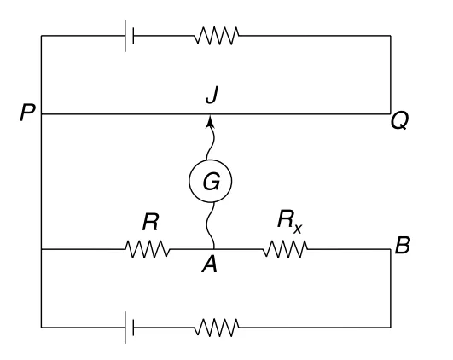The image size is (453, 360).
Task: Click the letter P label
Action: click(28, 113)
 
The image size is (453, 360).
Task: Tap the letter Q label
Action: click(399, 121)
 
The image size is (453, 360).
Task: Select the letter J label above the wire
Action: click(212, 95)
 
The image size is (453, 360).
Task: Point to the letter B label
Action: click(403, 246)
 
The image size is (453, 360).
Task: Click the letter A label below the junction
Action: click(210, 264)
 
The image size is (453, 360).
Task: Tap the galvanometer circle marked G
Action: click(211, 181)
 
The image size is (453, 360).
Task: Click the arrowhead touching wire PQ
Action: click(211, 121)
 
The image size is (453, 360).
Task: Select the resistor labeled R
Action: click(148, 249)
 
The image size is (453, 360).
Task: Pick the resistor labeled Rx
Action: click(285, 249)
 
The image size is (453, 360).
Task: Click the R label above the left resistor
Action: click(150, 223)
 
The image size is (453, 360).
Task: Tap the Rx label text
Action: click(290, 222)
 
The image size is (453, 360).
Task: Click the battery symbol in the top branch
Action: click(129, 36)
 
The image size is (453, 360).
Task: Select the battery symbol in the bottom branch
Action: click(129, 328)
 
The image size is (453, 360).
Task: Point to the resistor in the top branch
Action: click(217, 36)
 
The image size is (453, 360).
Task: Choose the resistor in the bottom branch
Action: click(217, 328)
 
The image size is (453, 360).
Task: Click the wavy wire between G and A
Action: click(211, 226)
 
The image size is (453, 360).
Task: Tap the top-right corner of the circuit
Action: click(391, 36)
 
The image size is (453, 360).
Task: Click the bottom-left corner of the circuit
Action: click(41, 328)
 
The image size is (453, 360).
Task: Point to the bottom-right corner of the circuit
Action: click(391, 328)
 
